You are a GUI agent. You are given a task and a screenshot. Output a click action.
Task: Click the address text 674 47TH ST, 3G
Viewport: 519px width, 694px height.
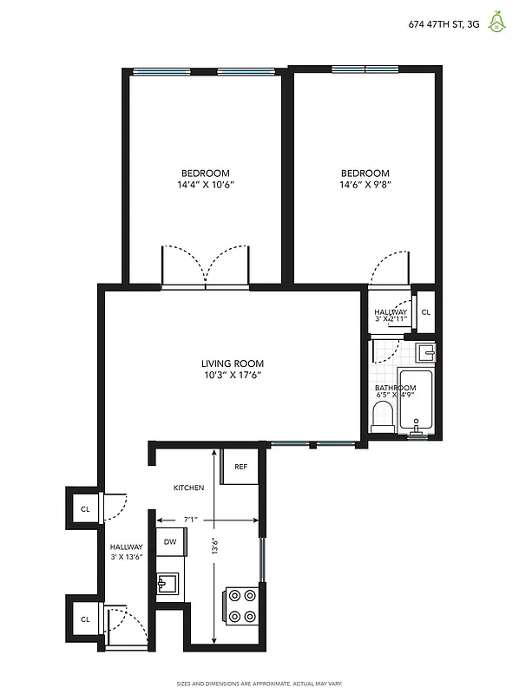[443, 25]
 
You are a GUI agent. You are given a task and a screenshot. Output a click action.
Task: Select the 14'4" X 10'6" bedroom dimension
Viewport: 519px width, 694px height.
[206, 185]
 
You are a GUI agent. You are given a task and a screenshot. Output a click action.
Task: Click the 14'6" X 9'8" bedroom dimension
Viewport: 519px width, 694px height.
[365, 185]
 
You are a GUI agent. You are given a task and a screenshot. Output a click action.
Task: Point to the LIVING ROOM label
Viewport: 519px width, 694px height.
[232, 363]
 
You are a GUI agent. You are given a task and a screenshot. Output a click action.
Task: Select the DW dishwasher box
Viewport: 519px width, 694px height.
[170, 543]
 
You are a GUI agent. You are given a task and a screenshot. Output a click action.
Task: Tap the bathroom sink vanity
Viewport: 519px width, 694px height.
[424, 353]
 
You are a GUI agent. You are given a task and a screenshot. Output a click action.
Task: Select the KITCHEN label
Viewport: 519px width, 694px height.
[188, 488]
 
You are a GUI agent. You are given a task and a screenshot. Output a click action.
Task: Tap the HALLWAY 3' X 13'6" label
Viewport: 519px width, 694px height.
[126, 552]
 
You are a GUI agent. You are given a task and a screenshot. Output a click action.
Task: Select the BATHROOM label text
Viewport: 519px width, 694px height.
[395, 389]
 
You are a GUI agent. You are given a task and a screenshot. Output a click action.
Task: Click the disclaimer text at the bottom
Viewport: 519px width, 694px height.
[259, 684]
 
